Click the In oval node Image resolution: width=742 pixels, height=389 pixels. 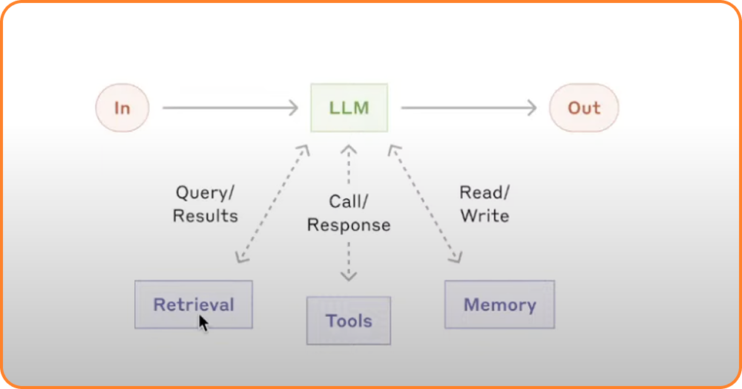pyautogui.click(x=122, y=108)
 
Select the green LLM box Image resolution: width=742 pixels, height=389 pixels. pyautogui.click(x=349, y=108)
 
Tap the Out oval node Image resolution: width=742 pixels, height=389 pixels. pyautogui.click(x=584, y=108)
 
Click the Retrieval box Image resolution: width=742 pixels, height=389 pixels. pyautogui.click(x=194, y=304)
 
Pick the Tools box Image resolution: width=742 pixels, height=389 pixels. pyautogui.click(x=349, y=321)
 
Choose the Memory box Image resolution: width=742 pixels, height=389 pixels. pyautogui.click(x=499, y=304)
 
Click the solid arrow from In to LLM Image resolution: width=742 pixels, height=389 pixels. pyautogui.click(x=231, y=108)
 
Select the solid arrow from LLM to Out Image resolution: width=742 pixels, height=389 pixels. pyautogui.click(x=469, y=108)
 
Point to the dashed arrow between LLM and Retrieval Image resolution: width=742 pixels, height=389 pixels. pyautogui.click(x=272, y=204)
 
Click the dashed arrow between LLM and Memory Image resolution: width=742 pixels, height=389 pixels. pyautogui.click(x=425, y=204)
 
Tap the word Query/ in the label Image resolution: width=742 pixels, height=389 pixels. pyautogui.click(x=205, y=193)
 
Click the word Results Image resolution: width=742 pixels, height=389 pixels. pyautogui.click(x=205, y=216)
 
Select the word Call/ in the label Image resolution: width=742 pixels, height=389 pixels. pyautogui.click(x=348, y=202)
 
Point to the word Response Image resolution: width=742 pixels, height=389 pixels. pyautogui.click(x=349, y=225)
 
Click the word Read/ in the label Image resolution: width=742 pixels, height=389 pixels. pyautogui.click(x=485, y=192)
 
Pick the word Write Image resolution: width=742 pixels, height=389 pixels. pyautogui.click(x=485, y=216)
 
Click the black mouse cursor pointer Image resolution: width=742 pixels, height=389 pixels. pyautogui.click(x=203, y=324)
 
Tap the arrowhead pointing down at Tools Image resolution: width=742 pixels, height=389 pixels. pyautogui.click(x=349, y=276)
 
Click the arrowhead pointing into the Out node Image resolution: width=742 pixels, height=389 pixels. pyautogui.click(x=532, y=108)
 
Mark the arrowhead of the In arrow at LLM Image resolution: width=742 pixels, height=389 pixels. pyautogui.click(x=293, y=108)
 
